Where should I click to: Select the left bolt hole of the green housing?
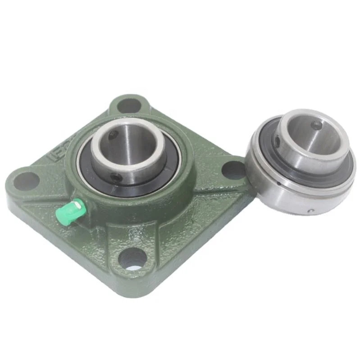click(x=26, y=180)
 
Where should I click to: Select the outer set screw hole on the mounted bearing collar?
click(x=118, y=178)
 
